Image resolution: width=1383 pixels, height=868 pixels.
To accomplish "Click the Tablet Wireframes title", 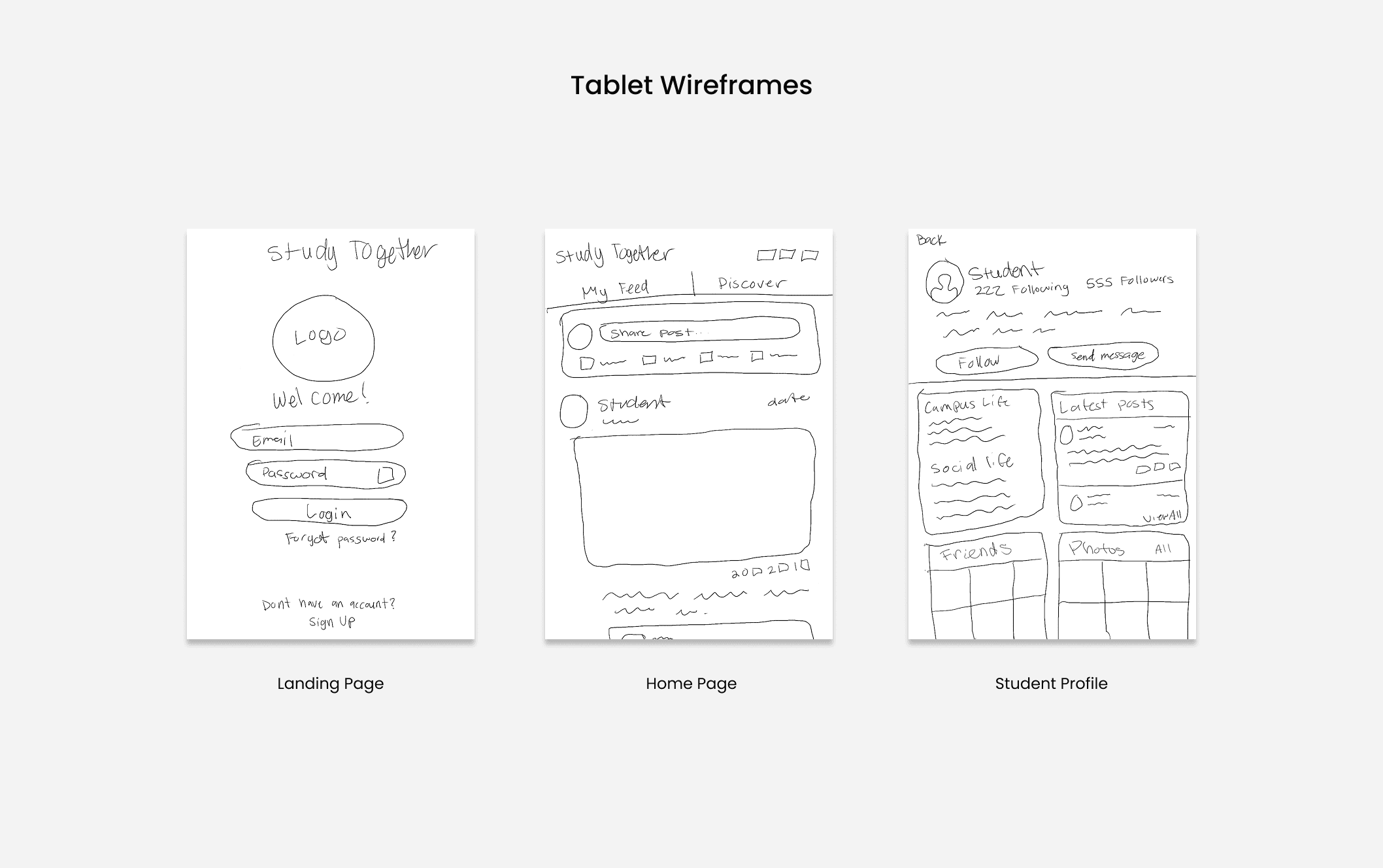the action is click(x=691, y=85).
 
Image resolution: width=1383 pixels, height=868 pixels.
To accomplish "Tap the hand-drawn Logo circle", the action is click(x=323, y=339).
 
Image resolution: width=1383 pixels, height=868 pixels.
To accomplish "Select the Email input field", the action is click(x=317, y=438).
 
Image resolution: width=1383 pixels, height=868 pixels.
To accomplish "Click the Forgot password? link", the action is click(x=340, y=539).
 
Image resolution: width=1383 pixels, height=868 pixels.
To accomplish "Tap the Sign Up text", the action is click(x=332, y=622).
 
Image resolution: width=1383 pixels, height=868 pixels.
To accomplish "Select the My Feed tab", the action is click(x=615, y=289).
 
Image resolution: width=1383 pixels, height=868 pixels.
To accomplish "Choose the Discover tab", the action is click(x=752, y=283).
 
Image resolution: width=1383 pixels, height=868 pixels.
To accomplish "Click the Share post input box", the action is click(x=699, y=331).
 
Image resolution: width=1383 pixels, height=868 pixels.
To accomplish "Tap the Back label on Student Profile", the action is click(x=931, y=240).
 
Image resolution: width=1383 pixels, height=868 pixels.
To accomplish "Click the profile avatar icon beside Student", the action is click(x=944, y=282).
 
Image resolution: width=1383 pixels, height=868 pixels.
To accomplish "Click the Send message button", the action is click(x=1103, y=356).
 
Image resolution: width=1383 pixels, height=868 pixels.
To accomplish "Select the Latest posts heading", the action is click(x=1106, y=405).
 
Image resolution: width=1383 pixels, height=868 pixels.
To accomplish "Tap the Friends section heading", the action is click(x=976, y=552).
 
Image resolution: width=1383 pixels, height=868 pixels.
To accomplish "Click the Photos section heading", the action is click(x=1096, y=548).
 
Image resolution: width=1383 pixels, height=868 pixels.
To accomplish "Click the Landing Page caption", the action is click(x=330, y=684).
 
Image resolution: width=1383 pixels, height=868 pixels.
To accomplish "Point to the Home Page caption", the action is click(x=691, y=684).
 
